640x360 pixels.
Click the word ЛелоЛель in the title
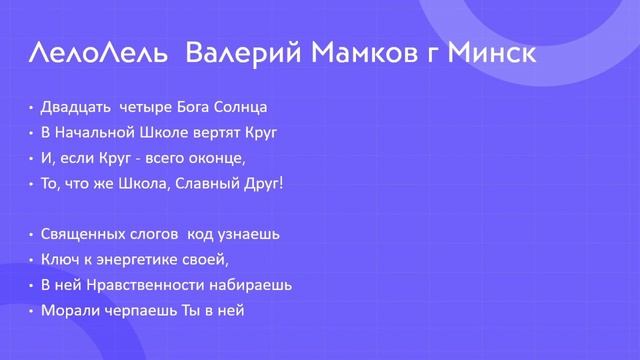click(96, 52)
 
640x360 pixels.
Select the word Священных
click(82, 234)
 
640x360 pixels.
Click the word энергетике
click(133, 260)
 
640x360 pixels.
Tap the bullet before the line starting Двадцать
click(31, 106)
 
